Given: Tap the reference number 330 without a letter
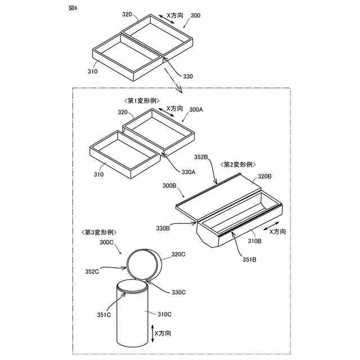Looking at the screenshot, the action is pos(187,76).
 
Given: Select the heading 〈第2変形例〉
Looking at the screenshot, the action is pos(239,164).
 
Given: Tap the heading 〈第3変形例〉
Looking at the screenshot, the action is pos(99,232).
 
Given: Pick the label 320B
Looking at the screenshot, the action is pos(264,177).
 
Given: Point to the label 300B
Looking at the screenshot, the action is pos(169,185).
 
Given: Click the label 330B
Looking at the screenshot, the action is pos(163,228).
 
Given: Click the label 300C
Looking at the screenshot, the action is pos(107,242).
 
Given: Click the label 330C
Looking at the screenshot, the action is pos(179,291).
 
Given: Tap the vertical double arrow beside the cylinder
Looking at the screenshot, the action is pos(150,333).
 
